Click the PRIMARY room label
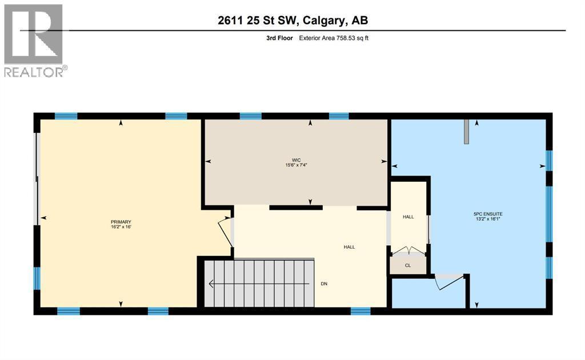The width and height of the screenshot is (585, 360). [121, 222]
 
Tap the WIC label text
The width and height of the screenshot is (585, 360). [296, 160]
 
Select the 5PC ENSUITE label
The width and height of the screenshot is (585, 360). [488, 214]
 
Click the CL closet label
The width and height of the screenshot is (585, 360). [408, 266]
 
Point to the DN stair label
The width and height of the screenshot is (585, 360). [324, 283]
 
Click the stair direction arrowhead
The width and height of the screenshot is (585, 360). [211, 284]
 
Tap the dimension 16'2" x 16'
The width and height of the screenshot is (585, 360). [121, 227]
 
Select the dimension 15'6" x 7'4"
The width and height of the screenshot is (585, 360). [296, 165]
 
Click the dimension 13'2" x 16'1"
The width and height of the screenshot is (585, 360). [488, 219]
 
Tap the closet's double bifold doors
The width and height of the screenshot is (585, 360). [408, 251]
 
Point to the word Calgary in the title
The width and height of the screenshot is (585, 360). [324, 20]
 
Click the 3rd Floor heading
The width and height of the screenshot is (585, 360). [279, 38]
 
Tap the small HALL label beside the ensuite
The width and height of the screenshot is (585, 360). [408, 217]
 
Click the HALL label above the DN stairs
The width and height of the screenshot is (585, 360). [349, 247]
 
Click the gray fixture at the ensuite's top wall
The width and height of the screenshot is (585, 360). [466, 131]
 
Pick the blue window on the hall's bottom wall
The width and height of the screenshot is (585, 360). [360, 311]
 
